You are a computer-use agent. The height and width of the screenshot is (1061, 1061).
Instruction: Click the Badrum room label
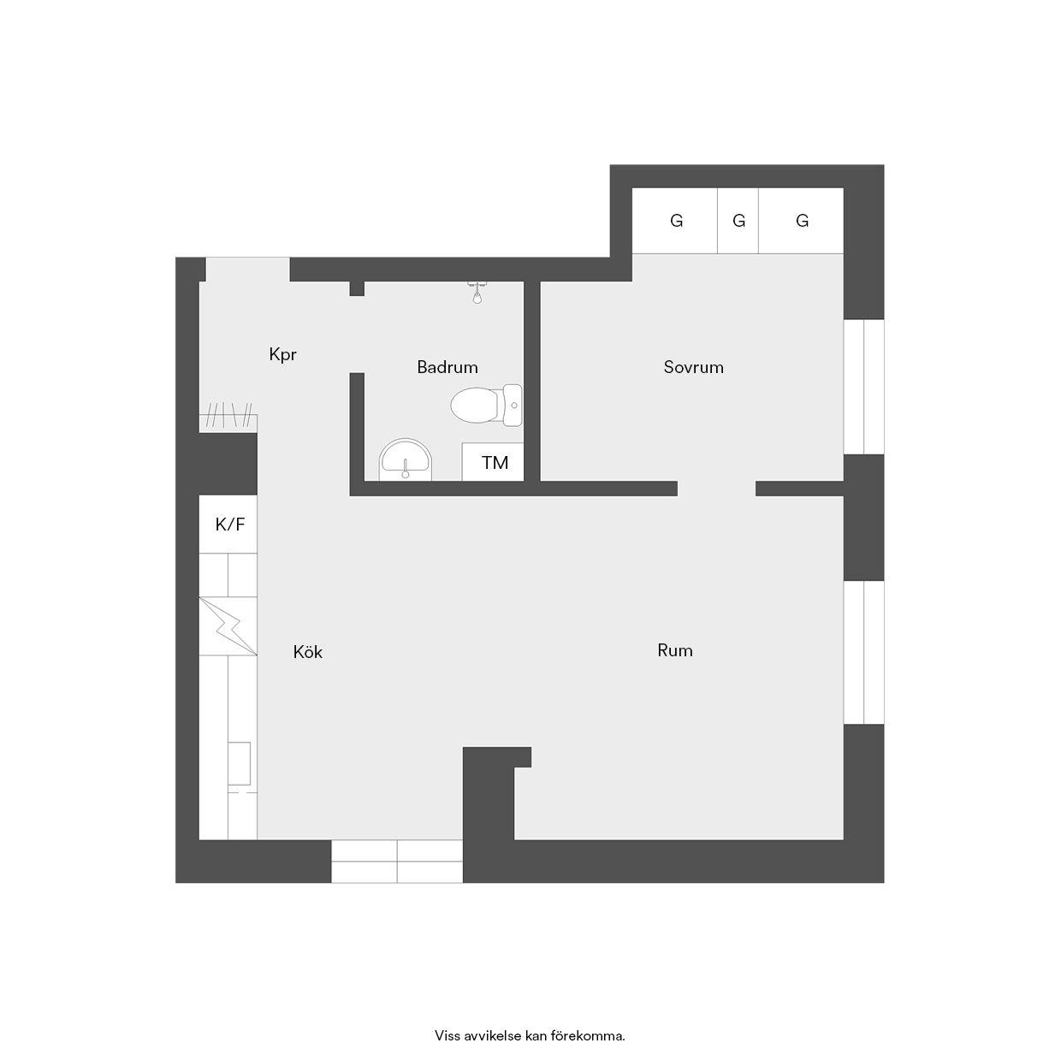[x=448, y=367]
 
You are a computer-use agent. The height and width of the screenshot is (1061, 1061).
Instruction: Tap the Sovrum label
[x=693, y=367]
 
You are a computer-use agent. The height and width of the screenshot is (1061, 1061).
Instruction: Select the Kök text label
[x=307, y=653]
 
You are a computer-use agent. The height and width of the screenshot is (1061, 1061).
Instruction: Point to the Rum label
[x=674, y=651]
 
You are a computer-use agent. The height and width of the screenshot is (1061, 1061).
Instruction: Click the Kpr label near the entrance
[x=282, y=354]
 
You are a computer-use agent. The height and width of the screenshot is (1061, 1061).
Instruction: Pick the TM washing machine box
[x=493, y=461]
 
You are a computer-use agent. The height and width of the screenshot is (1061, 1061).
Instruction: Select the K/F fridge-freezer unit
[x=228, y=525]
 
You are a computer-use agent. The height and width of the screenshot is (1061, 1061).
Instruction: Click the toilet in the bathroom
[x=486, y=406]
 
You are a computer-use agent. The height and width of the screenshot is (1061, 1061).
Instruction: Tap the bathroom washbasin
[x=406, y=460]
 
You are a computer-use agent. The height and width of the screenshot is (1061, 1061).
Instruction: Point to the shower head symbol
[x=477, y=293]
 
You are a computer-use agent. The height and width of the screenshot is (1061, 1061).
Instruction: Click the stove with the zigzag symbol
[x=228, y=626]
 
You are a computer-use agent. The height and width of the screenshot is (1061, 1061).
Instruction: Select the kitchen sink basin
[x=240, y=763]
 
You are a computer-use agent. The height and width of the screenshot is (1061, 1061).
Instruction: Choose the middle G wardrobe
[x=738, y=221]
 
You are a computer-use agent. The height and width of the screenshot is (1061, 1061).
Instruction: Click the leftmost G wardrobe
[x=674, y=221]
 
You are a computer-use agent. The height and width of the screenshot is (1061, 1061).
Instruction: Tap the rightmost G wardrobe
[x=801, y=221]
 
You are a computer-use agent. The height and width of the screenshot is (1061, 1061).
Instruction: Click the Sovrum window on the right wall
[x=864, y=387]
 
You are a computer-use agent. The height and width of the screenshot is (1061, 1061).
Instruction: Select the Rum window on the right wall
[x=864, y=653]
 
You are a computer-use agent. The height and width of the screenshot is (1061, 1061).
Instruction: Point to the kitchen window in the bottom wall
[x=397, y=861]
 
